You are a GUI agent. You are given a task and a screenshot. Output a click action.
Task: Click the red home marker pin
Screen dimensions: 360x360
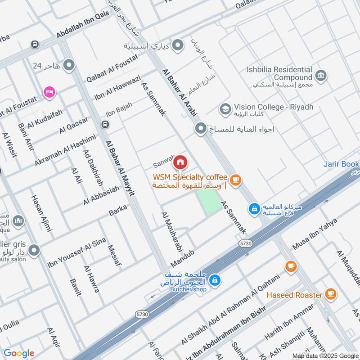(180, 162)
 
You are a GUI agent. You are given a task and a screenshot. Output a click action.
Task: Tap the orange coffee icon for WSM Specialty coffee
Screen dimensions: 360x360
(235, 180)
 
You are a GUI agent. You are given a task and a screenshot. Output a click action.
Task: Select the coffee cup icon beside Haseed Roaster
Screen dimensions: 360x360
(330, 294)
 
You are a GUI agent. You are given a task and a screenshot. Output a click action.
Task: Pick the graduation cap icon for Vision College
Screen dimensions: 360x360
(225, 108)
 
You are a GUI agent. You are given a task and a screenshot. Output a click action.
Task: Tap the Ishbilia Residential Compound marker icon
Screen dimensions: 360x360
(320, 75)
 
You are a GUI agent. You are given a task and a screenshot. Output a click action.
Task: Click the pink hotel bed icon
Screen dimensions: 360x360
(49, 92)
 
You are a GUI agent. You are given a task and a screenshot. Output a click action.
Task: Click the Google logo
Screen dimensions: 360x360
(19, 353)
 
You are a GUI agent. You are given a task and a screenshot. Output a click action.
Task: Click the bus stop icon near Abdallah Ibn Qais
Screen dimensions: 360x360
(34, 44)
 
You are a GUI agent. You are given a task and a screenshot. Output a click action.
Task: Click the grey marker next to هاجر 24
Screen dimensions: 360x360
(69, 66)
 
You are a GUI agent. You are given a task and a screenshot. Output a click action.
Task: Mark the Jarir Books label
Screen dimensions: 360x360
(342, 164)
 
